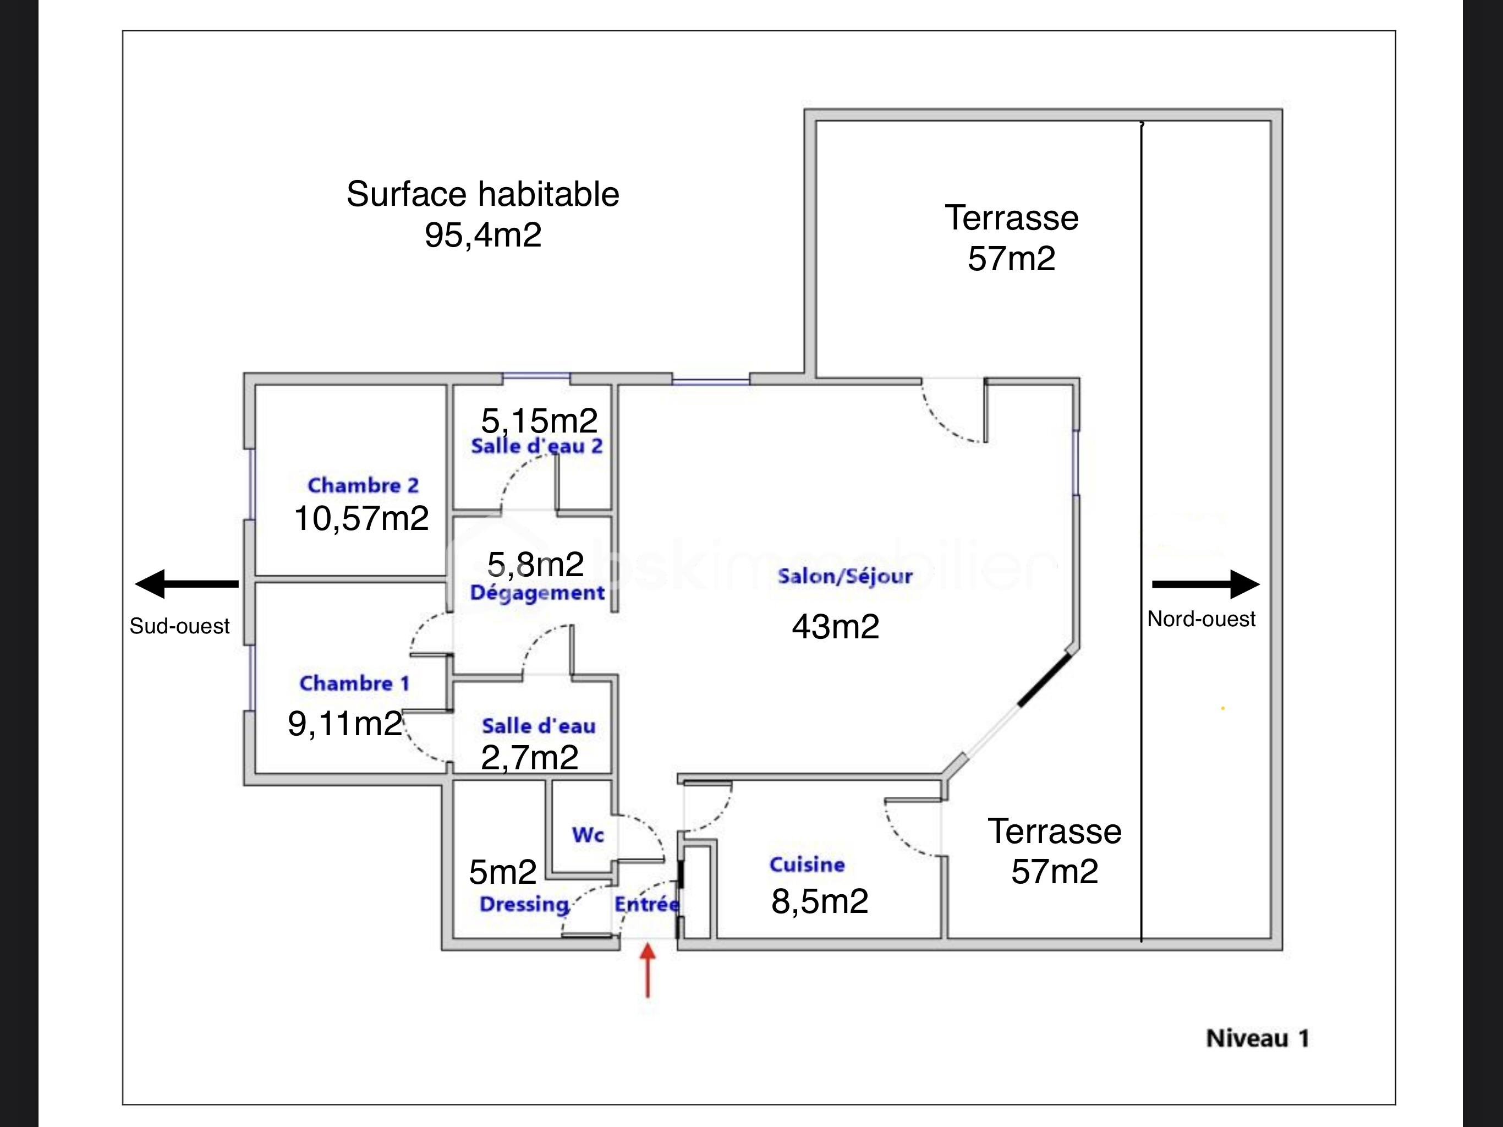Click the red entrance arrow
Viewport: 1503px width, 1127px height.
[648, 970]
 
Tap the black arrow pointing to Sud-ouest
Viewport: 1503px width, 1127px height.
[187, 583]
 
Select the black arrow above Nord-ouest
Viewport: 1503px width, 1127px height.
[1205, 584]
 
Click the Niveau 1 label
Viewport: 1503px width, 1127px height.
[1257, 1038]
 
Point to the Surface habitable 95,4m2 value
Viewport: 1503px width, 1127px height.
[483, 235]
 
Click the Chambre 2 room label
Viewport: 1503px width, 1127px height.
[363, 485]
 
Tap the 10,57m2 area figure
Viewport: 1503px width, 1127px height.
[361, 518]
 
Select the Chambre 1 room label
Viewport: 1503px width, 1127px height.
[355, 683]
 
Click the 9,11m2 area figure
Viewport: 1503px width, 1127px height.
[345, 723]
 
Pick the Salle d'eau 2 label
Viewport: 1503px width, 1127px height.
[537, 447]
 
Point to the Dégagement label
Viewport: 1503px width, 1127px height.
[537, 593]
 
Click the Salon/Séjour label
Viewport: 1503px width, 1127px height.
[844, 576]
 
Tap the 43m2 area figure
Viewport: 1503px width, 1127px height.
[835, 626]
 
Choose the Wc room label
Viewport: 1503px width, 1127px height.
[588, 835]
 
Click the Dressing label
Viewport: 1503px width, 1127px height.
[524, 904]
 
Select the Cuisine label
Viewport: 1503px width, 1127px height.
[807, 865]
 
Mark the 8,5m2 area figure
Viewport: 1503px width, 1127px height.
[820, 901]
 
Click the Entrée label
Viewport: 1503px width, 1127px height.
[646, 904]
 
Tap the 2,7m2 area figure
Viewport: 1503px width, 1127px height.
[529, 758]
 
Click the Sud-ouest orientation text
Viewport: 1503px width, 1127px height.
[179, 626]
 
